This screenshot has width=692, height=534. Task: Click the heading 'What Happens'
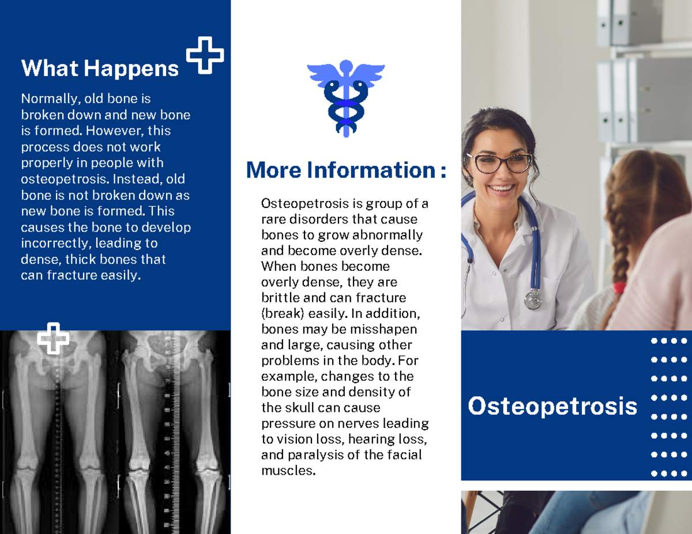(x=100, y=69)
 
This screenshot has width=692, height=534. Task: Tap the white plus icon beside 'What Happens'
(x=205, y=55)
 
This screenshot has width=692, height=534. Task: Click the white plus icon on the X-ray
(x=53, y=338)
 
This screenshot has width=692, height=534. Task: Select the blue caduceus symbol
(x=345, y=97)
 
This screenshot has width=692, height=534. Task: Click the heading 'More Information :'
(x=345, y=171)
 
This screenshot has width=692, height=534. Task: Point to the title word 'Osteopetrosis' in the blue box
(x=552, y=406)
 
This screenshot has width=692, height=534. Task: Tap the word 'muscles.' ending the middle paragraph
(x=289, y=471)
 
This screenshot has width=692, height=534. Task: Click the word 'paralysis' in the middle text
(x=313, y=455)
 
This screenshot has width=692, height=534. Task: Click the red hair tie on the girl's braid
(x=619, y=287)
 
